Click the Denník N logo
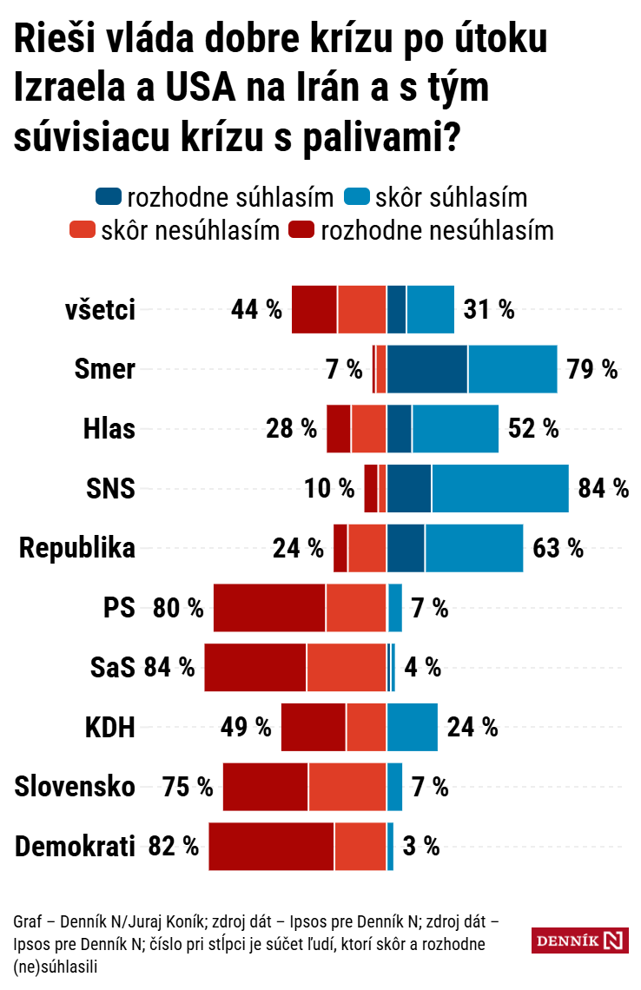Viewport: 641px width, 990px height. [x=578, y=940]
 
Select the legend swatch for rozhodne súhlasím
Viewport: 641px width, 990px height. [x=109, y=197]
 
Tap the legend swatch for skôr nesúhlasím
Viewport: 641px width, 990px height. [x=82, y=231]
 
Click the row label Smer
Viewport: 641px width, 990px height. [x=105, y=369]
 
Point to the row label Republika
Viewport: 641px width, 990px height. [x=77, y=549]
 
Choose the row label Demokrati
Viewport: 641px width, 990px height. [x=76, y=846]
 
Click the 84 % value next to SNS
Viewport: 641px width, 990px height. [x=603, y=488]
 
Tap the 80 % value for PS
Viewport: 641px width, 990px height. [x=177, y=608]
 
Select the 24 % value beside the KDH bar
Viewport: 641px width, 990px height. [x=472, y=727]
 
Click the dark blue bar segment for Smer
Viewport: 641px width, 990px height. [x=427, y=369]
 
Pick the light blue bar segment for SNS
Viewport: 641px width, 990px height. [x=499, y=488]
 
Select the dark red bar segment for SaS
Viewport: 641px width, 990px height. [x=255, y=668]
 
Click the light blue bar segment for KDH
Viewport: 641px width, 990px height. [x=413, y=727]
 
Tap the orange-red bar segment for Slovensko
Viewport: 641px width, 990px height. [x=347, y=787]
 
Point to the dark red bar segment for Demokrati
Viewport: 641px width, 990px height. [x=271, y=846]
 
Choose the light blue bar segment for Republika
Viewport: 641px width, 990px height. [x=474, y=549]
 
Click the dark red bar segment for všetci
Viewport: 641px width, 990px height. [x=314, y=309]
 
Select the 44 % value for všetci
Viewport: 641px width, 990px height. [x=256, y=309]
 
